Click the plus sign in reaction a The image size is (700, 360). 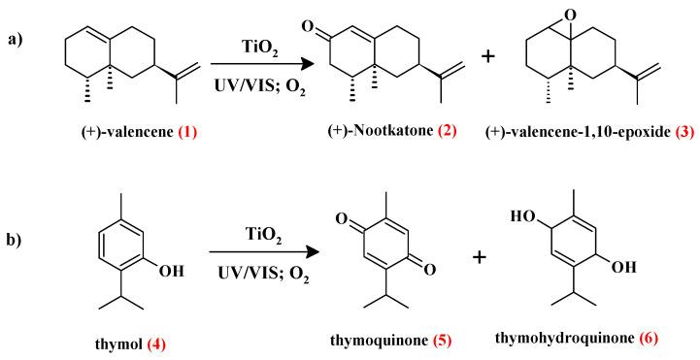tap(488, 58)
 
